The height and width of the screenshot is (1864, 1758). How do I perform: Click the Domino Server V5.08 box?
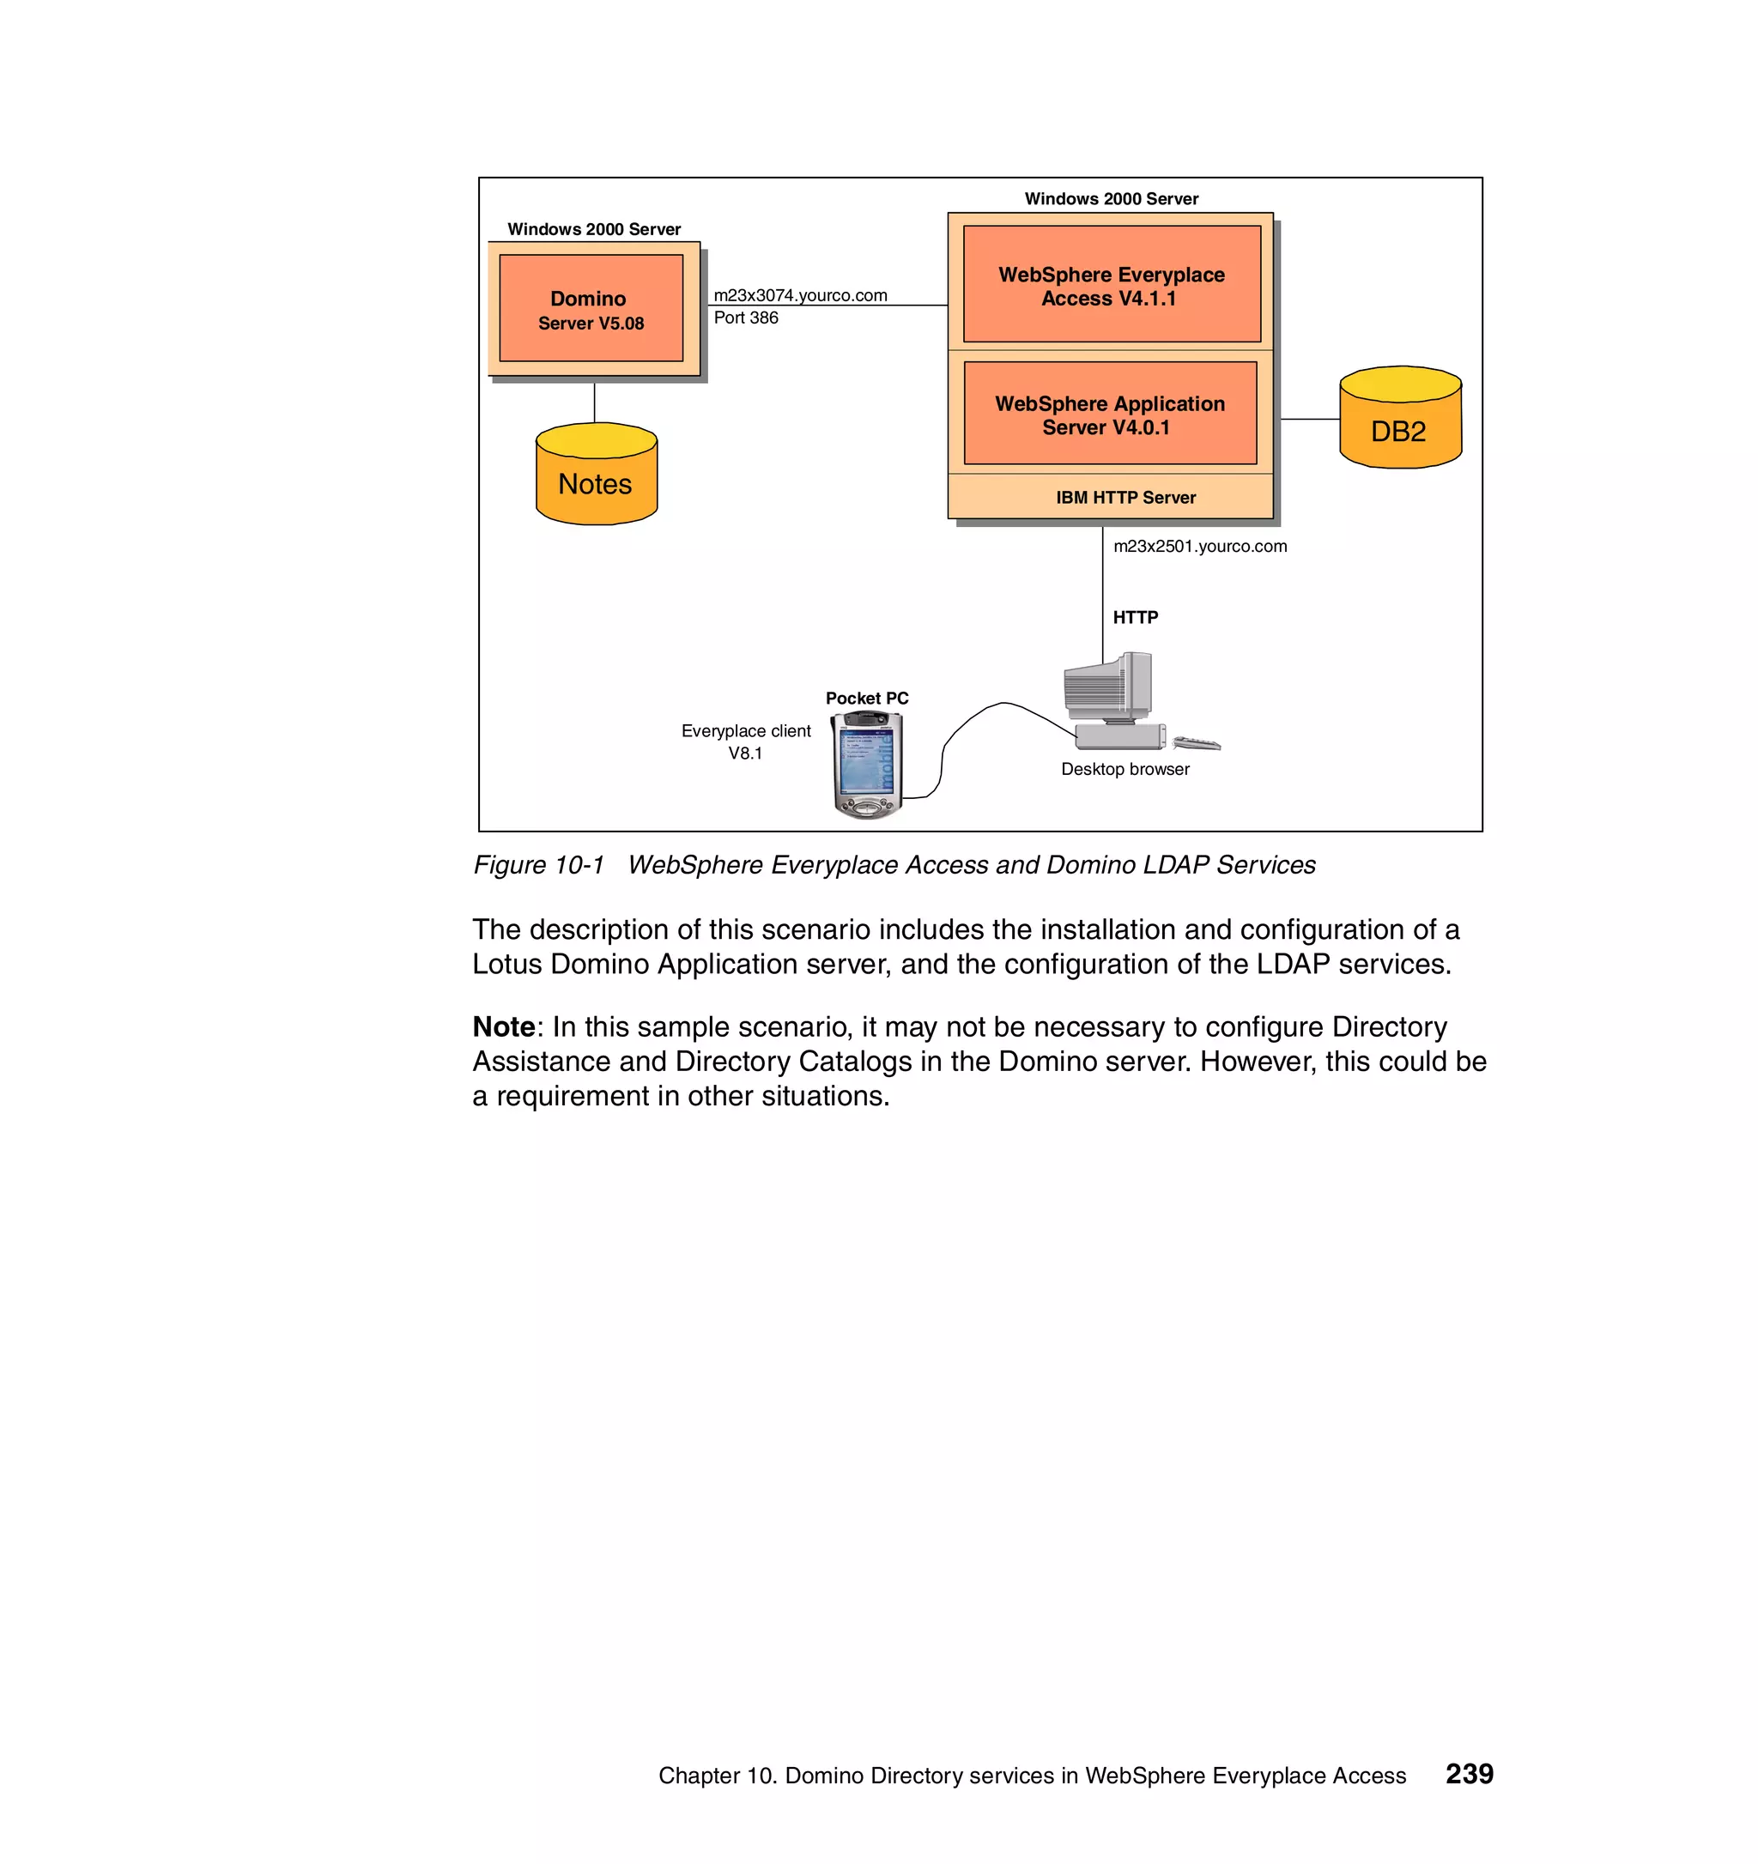point(591,308)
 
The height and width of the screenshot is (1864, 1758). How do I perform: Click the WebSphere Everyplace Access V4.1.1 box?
point(1111,285)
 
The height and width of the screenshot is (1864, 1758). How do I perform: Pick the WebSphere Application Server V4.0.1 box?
point(1109,414)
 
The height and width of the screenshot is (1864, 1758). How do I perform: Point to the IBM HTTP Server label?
point(1125,497)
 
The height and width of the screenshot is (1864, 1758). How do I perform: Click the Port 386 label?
point(745,318)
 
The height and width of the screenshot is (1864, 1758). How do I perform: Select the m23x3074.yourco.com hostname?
point(800,294)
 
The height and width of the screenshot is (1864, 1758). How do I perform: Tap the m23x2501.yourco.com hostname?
point(1199,546)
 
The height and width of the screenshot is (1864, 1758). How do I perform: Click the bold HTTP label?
point(1135,617)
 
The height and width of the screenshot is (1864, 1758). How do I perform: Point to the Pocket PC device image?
point(867,764)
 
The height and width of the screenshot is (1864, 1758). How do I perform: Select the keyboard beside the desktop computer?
point(1197,743)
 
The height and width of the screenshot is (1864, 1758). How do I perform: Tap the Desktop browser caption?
point(1125,769)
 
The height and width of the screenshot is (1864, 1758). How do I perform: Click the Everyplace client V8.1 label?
point(745,741)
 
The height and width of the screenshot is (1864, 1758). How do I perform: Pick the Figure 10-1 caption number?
point(538,864)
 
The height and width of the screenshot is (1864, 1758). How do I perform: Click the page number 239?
point(1468,1773)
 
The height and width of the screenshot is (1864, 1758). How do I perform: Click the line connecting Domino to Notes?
point(594,402)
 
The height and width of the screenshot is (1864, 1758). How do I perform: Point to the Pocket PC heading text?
point(866,698)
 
